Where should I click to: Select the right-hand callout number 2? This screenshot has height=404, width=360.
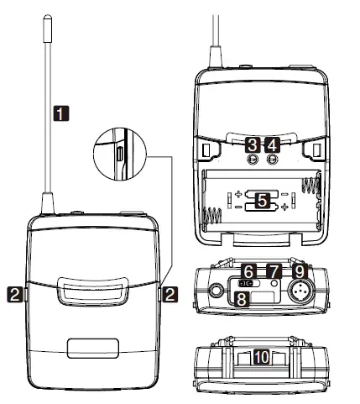coord(170,293)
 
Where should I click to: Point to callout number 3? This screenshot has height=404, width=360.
coord(251,145)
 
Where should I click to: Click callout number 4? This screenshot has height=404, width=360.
coord(269,145)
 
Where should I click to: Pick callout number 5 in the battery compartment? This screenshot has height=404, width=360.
coord(262,202)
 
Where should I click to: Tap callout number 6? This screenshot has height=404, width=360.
coord(248,270)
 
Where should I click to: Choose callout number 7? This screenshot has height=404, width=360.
coord(274,270)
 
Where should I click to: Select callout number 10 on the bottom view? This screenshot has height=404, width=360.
coord(262,357)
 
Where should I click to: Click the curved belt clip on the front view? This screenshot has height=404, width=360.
coord(92,292)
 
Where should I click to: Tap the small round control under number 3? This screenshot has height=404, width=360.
coord(251,158)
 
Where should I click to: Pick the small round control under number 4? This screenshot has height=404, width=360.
coord(269,158)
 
